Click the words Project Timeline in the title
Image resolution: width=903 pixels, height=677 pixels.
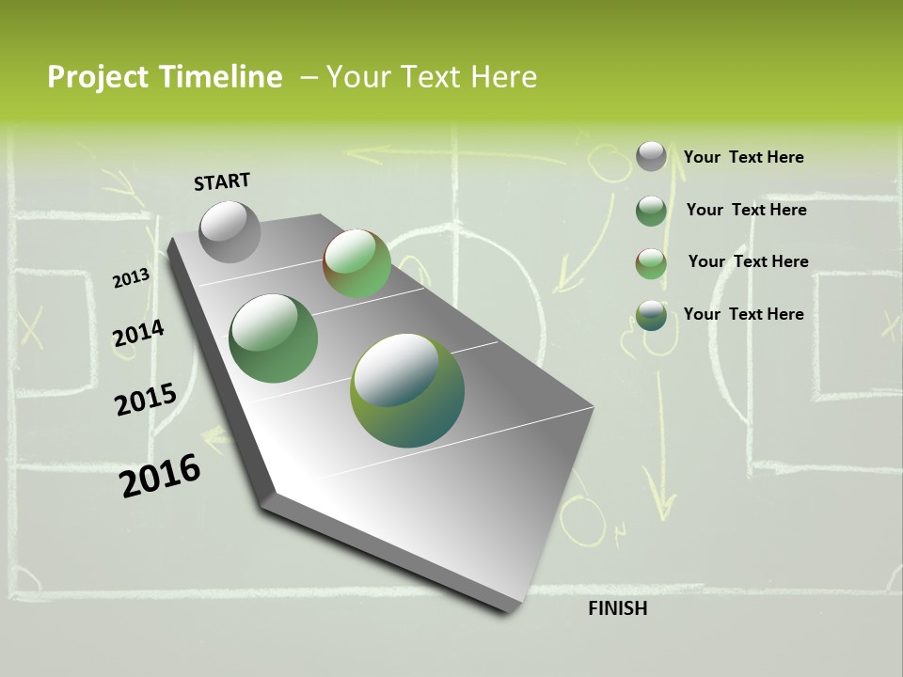tap(165, 77)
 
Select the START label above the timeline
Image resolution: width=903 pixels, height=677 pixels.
tap(222, 181)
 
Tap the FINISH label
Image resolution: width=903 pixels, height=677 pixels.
tap(617, 608)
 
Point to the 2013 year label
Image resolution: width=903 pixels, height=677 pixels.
tap(132, 278)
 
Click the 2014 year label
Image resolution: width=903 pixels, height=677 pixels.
tap(138, 334)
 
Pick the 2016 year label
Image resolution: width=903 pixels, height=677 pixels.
tap(160, 475)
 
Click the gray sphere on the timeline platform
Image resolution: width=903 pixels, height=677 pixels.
tap(230, 231)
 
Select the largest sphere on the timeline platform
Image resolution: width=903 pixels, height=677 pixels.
tap(407, 390)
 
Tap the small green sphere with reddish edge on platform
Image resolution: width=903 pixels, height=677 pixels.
tap(357, 263)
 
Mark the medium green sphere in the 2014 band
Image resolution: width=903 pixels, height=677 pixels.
tap(274, 338)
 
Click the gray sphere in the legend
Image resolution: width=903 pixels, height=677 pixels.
tap(651, 156)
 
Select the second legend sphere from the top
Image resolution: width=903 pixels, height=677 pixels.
tap(651, 210)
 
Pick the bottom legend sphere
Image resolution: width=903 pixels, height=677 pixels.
tap(651, 315)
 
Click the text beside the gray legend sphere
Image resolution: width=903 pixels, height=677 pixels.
tap(743, 157)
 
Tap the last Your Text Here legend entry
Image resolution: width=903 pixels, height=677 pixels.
tap(743, 314)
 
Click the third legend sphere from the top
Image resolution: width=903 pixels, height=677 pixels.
tap(651, 263)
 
